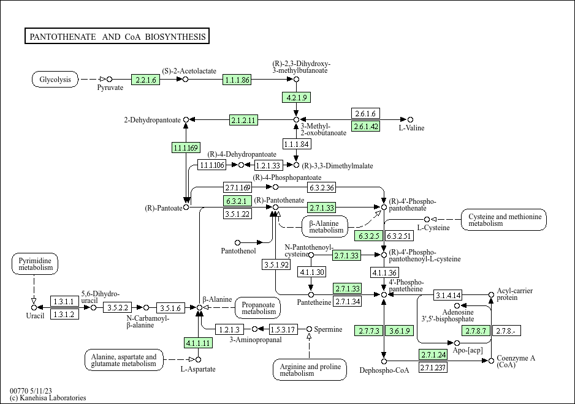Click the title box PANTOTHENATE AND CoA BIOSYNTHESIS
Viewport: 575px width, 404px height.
pyautogui.click(x=118, y=37)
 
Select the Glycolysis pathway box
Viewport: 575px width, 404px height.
pyautogui.click(x=55, y=80)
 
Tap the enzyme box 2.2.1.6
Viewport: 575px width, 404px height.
pyautogui.click(x=145, y=80)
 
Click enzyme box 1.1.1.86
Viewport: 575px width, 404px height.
pyautogui.click(x=237, y=80)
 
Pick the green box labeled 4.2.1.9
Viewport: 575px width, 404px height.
pyautogui.click(x=296, y=97)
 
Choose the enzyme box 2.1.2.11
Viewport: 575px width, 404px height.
pyautogui.click(x=243, y=119)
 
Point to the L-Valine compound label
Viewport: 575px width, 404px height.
pyautogui.click(x=411, y=128)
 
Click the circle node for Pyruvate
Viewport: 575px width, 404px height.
pyautogui.click(x=109, y=79)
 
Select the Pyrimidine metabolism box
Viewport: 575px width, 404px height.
pyautogui.click(x=34, y=264)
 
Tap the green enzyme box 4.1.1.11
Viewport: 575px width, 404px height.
pyautogui.click(x=199, y=343)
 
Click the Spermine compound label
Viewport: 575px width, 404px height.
pyautogui.click(x=329, y=329)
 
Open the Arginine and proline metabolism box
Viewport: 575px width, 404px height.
pyautogui.click(x=310, y=370)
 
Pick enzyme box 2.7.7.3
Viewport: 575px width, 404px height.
pyautogui.click(x=369, y=331)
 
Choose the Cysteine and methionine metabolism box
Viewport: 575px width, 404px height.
pyautogui.click(x=505, y=220)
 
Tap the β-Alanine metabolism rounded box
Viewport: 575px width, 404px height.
pyautogui.click(x=326, y=226)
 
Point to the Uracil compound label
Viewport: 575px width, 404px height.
pyautogui.click(x=35, y=315)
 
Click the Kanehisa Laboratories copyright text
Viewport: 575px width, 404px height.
pyautogui.click(x=48, y=398)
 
